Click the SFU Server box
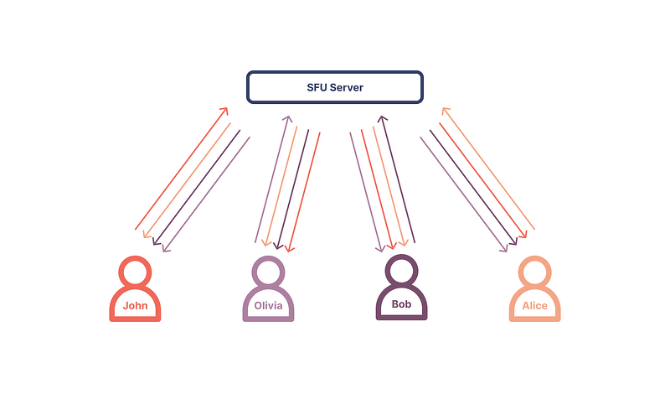[334, 87]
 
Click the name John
[135, 305]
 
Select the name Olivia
[268, 306]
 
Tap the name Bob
[401, 304]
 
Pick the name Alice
[534, 306]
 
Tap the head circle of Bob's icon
[401, 271]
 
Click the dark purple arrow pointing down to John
[196, 188]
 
